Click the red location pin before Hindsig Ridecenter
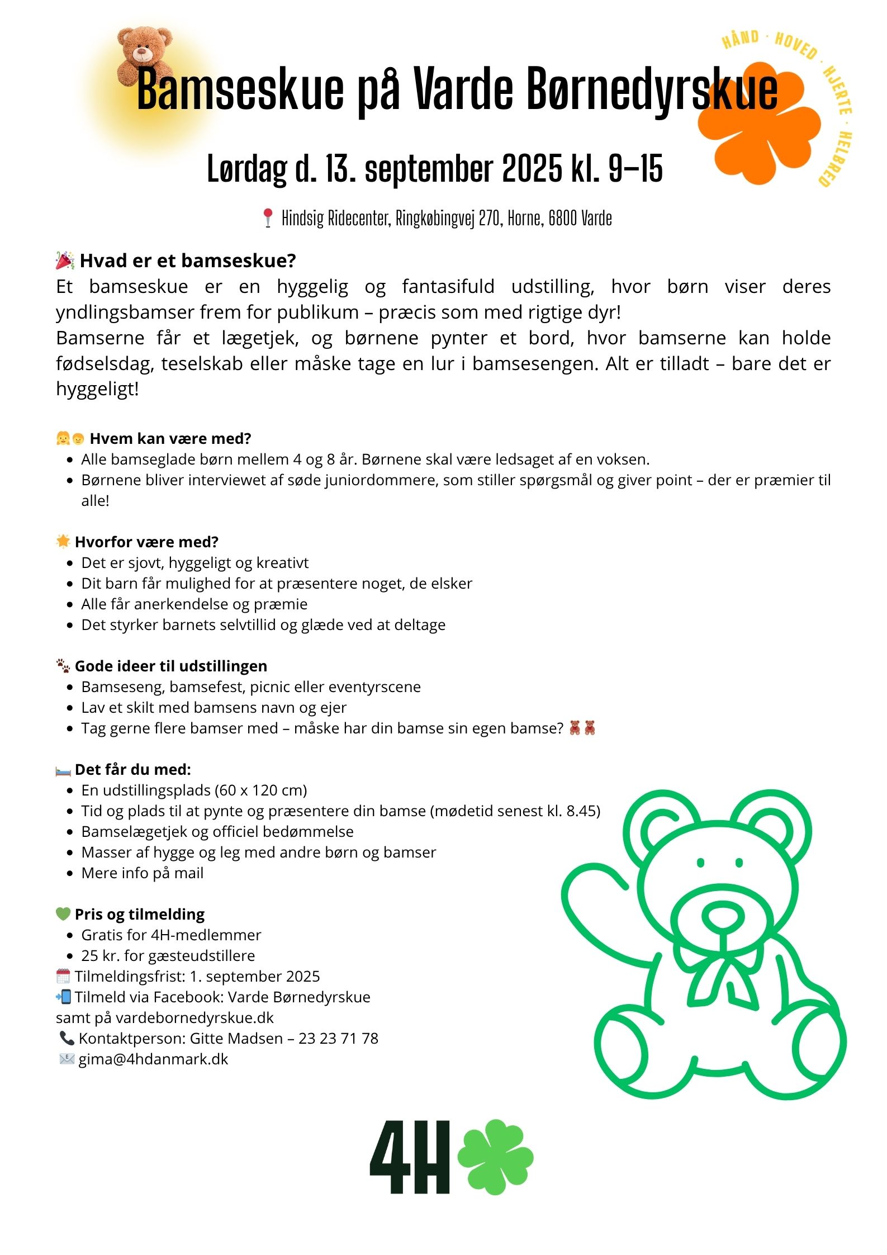[268, 217]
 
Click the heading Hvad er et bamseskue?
[188, 261]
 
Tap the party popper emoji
[65, 261]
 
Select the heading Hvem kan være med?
[170, 438]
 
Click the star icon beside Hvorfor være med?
[63, 541]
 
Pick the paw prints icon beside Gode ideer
[63, 665]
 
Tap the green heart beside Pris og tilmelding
[63, 913]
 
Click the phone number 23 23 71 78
[338, 1038]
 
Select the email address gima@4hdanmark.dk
[153, 1059]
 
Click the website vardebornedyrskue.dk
[195, 1017]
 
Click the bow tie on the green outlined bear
[722, 973]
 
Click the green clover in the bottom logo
[495, 1156]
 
